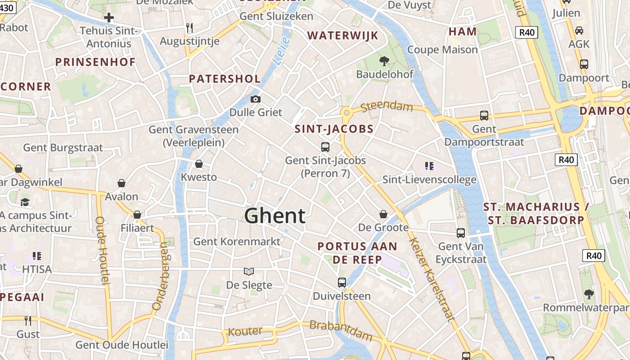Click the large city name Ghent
point(275,216)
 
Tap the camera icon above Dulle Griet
point(256,99)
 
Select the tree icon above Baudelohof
point(384,61)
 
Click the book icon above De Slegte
point(249,271)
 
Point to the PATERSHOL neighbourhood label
point(225,79)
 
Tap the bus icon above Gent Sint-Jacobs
point(325,147)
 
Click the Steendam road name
point(387,107)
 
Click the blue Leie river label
point(282,51)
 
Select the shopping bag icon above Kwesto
point(199,164)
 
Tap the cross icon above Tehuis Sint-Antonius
point(109,18)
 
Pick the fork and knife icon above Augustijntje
point(189,28)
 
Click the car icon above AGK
point(579,31)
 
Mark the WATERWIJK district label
point(342,36)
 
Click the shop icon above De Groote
point(383,214)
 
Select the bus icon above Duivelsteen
point(342,283)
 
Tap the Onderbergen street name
point(160,276)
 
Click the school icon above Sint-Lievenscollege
point(429,166)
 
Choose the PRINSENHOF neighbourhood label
point(95,62)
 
